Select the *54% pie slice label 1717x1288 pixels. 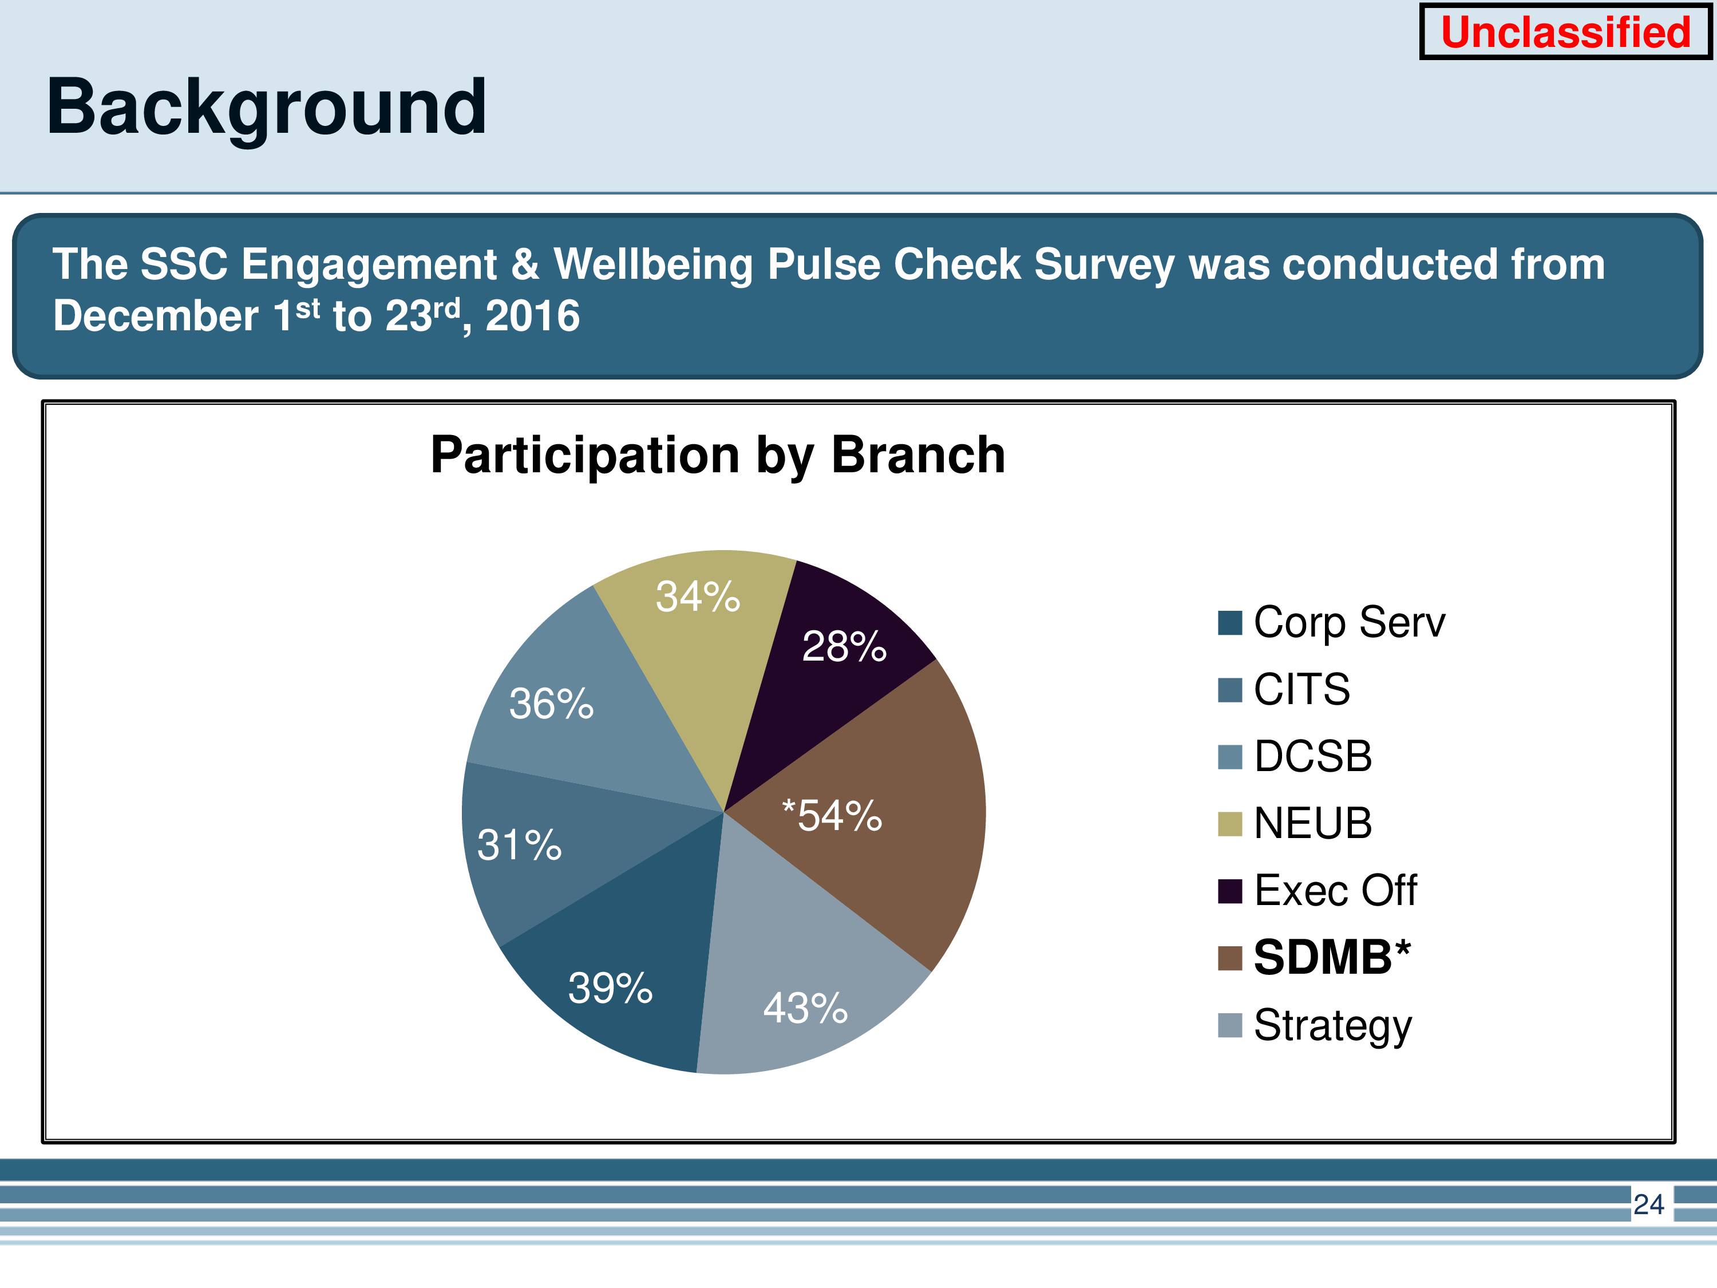pyautogui.click(x=832, y=815)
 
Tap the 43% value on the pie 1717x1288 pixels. pyautogui.click(x=805, y=1008)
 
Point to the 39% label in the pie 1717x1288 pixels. pyautogui.click(x=610, y=987)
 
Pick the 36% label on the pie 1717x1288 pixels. pyautogui.click(x=551, y=704)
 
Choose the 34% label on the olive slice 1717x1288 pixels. pyautogui.click(x=698, y=596)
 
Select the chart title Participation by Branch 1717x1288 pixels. pyautogui.click(x=718, y=456)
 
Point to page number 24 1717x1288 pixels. pyautogui.click(x=1649, y=1204)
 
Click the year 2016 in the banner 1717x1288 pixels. pyautogui.click(x=532, y=315)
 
